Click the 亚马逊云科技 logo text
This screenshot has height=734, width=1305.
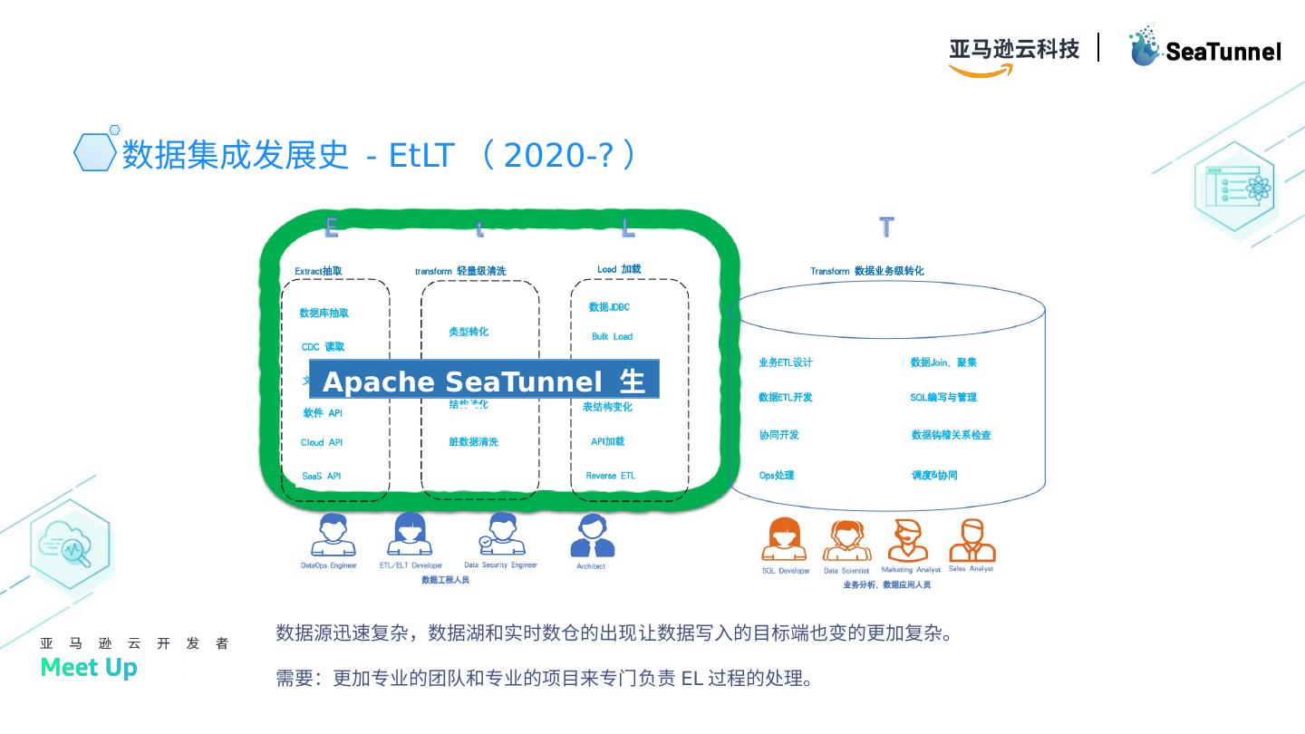click(x=1014, y=49)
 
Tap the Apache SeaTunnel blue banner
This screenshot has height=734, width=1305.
click(x=484, y=381)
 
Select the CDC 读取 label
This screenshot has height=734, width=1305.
click(x=323, y=347)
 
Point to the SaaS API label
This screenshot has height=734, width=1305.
click(x=322, y=476)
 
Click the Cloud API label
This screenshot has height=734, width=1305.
click(x=322, y=443)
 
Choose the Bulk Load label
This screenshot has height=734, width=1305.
click(x=612, y=337)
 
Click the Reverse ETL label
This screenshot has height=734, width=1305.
click(x=610, y=476)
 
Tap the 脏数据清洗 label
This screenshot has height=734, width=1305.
click(x=473, y=442)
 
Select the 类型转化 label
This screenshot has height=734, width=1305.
click(x=469, y=332)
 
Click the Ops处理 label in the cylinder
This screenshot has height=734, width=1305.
click(x=777, y=476)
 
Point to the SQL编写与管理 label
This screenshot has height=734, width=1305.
click(x=943, y=398)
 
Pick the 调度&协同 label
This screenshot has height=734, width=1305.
click(x=934, y=476)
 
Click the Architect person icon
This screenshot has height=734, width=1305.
click(x=592, y=536)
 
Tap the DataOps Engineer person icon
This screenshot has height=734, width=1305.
click(x=333, y=536)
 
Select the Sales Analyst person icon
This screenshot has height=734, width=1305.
click(x=971, y=541)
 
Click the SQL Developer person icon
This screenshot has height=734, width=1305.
click(x=784, y=540)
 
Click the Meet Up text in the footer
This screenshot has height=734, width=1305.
click(x=89, y=668)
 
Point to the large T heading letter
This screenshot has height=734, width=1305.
click(x=886, y=227)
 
